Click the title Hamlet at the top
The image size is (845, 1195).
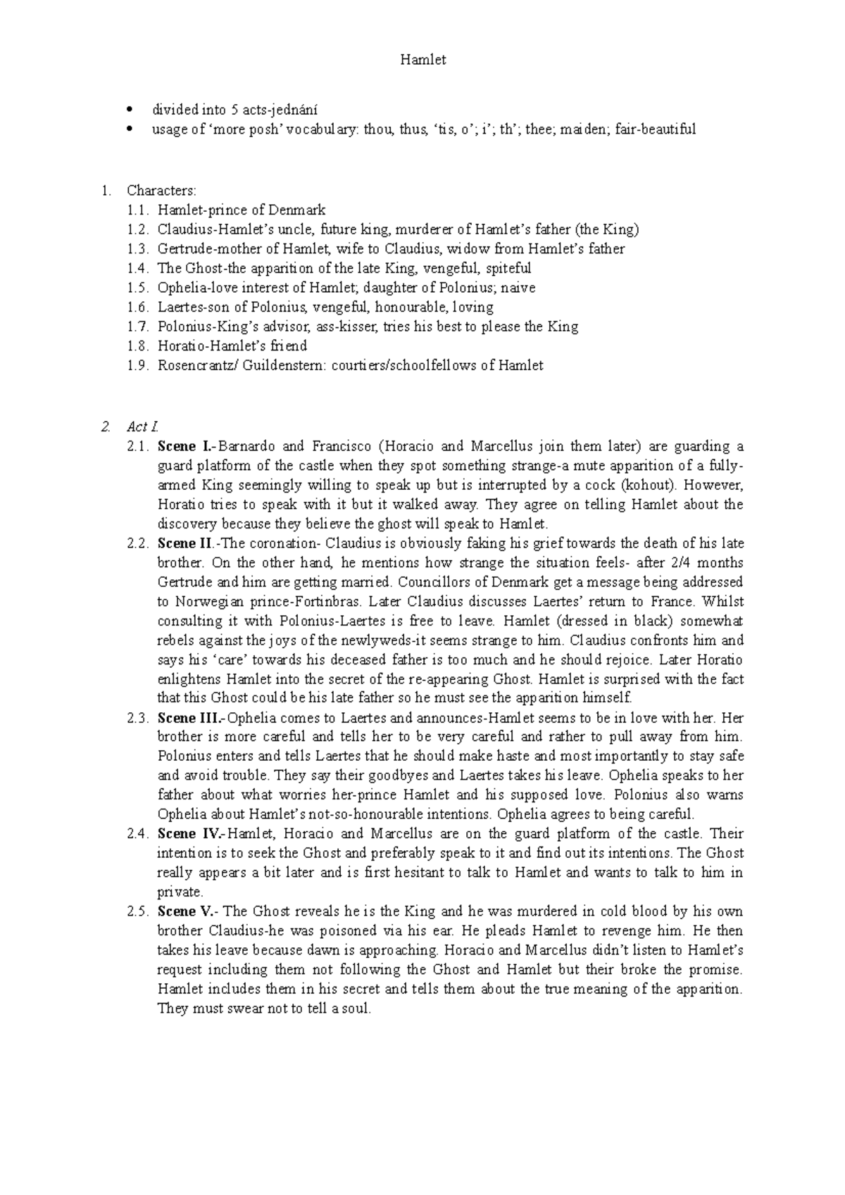[423, 61]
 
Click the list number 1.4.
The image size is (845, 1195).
[138, 268]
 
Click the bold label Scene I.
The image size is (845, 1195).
[184, 446]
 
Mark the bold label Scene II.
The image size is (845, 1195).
[186, 543]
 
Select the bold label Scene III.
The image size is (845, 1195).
[189, 719]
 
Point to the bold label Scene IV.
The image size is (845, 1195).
[189, 834]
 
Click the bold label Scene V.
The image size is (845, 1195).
[187, 911]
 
